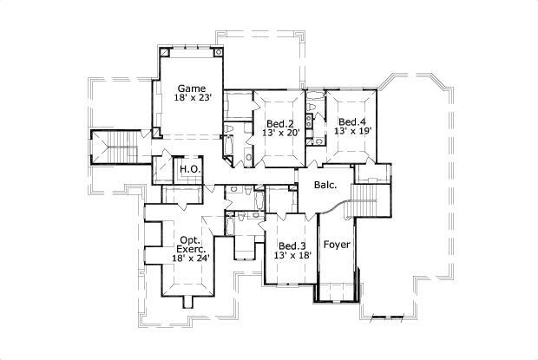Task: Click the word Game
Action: click(191, 88)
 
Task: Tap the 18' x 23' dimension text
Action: click(191, 100)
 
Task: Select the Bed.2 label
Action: click(279, 121)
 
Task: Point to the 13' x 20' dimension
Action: click(279, 134)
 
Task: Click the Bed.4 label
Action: click(352, 121)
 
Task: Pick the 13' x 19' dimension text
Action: click(352, 133)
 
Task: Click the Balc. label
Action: click(325, 185)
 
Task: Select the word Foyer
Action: click(337, 245)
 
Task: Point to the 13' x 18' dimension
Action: click(292, 257)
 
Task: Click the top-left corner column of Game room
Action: click(163, 53)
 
